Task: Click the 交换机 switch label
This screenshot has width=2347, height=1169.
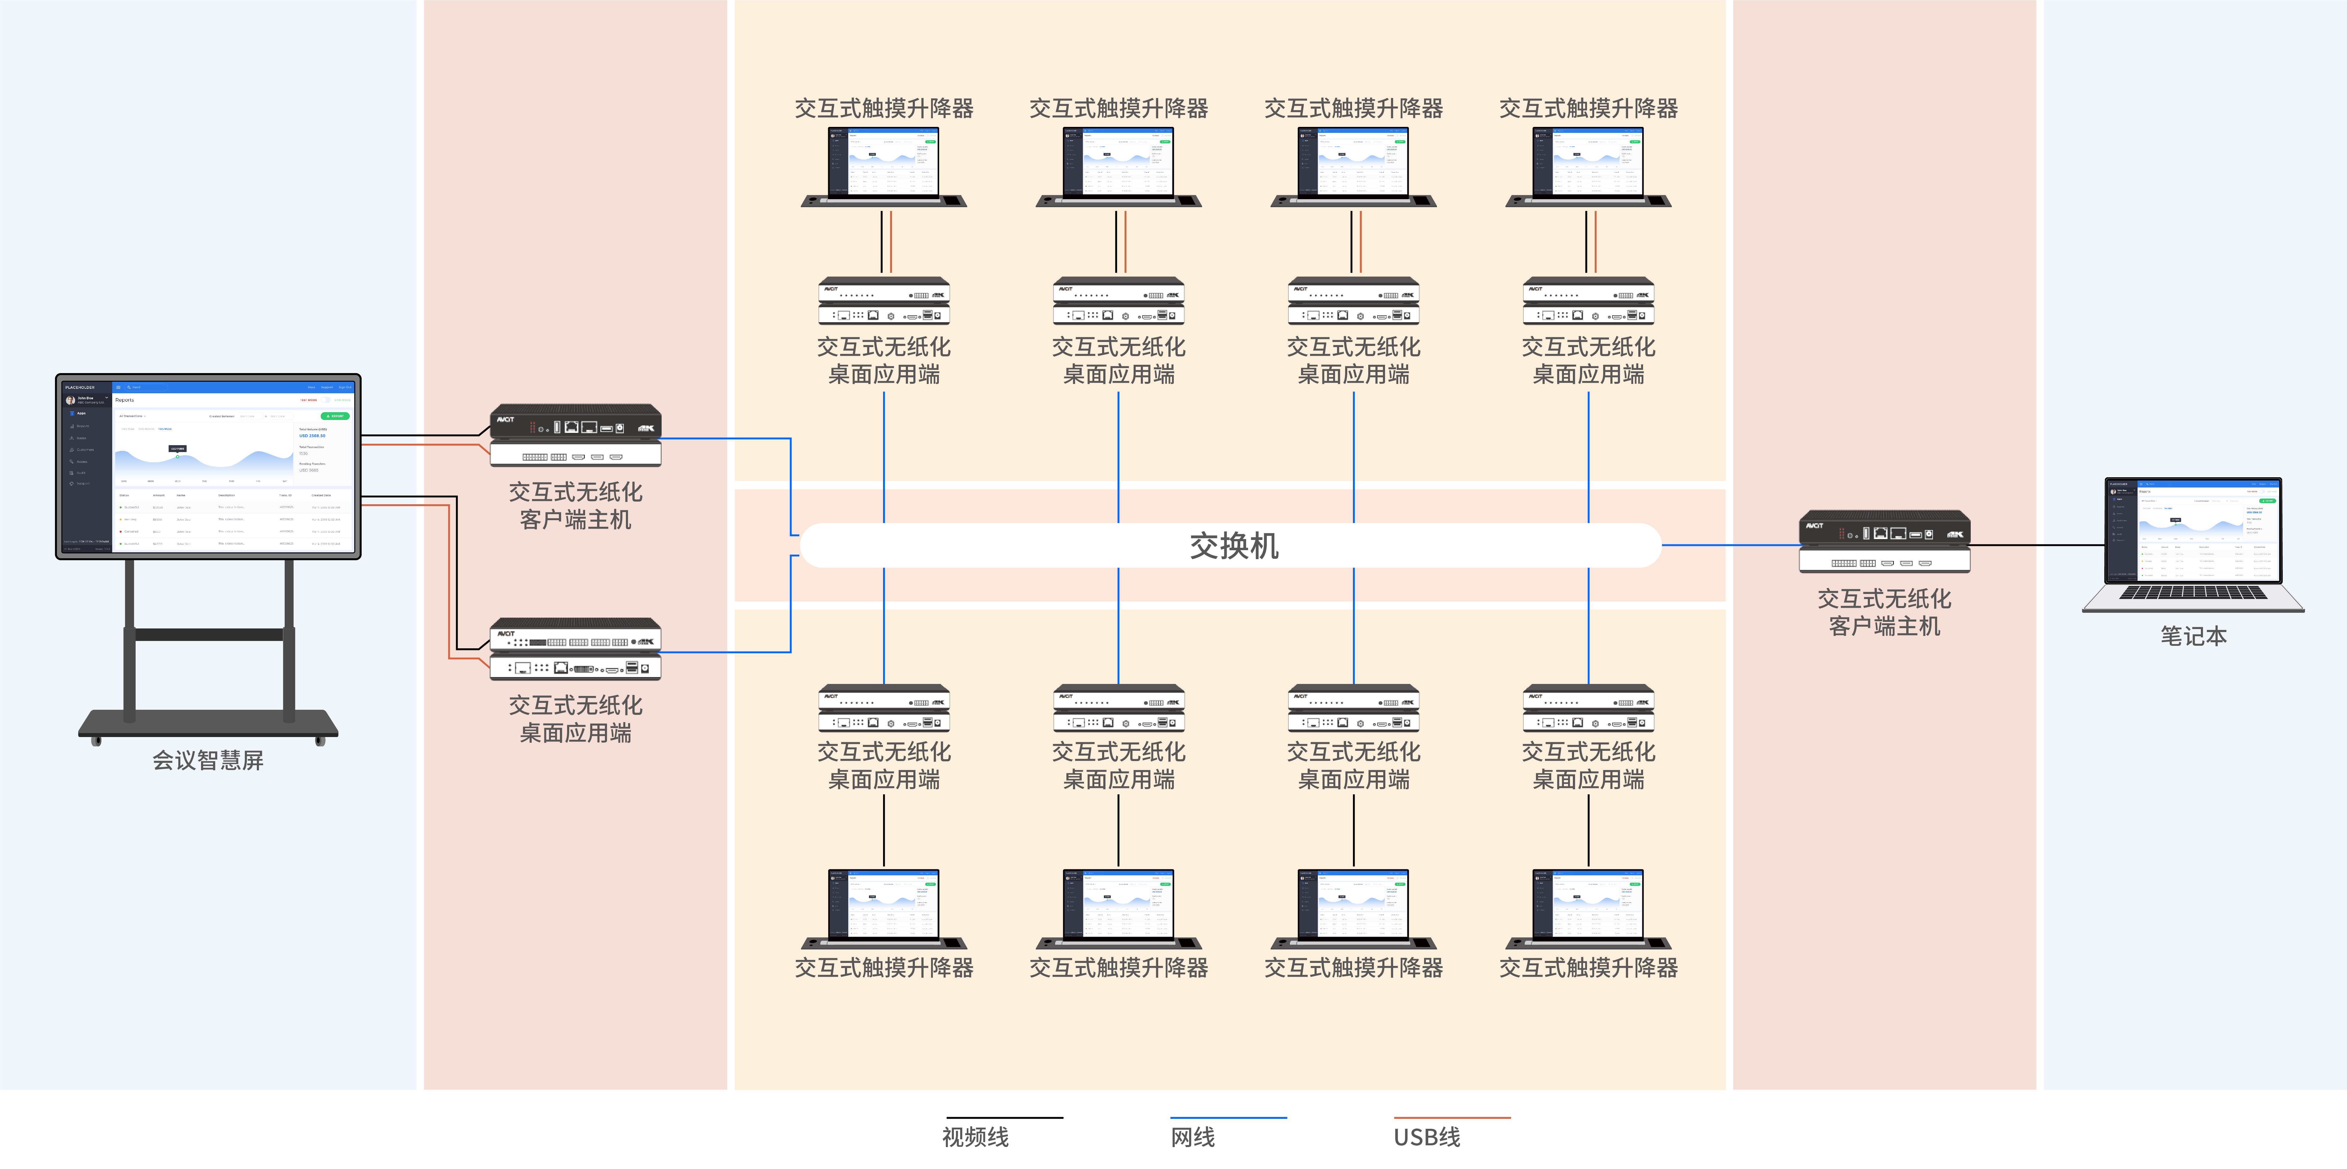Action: tap(1234, 546)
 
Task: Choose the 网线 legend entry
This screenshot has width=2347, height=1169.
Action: tap(1193, 1136)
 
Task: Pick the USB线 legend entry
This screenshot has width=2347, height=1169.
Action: tap(1427, 1136)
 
